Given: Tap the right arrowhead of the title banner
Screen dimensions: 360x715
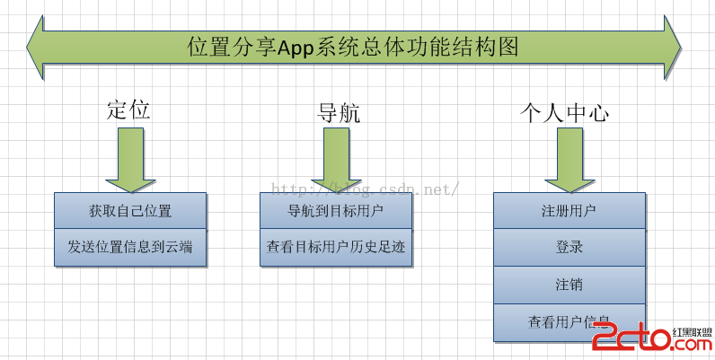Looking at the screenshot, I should click(675, 46).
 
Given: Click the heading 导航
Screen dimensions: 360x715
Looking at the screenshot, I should click(339, 112).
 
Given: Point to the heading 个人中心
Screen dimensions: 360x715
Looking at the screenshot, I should click(565, 112).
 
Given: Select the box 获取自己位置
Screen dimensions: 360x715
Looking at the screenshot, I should click(129, 212).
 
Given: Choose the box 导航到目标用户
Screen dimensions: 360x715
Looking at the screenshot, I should click(337, 212).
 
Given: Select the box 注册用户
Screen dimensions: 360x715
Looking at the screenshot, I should click(569, 212).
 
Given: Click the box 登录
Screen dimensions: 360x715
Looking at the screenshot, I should click(569, 247).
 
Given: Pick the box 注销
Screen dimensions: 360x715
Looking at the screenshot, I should click(569, 285).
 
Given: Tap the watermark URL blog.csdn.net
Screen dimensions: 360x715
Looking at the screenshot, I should click(366, 190).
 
